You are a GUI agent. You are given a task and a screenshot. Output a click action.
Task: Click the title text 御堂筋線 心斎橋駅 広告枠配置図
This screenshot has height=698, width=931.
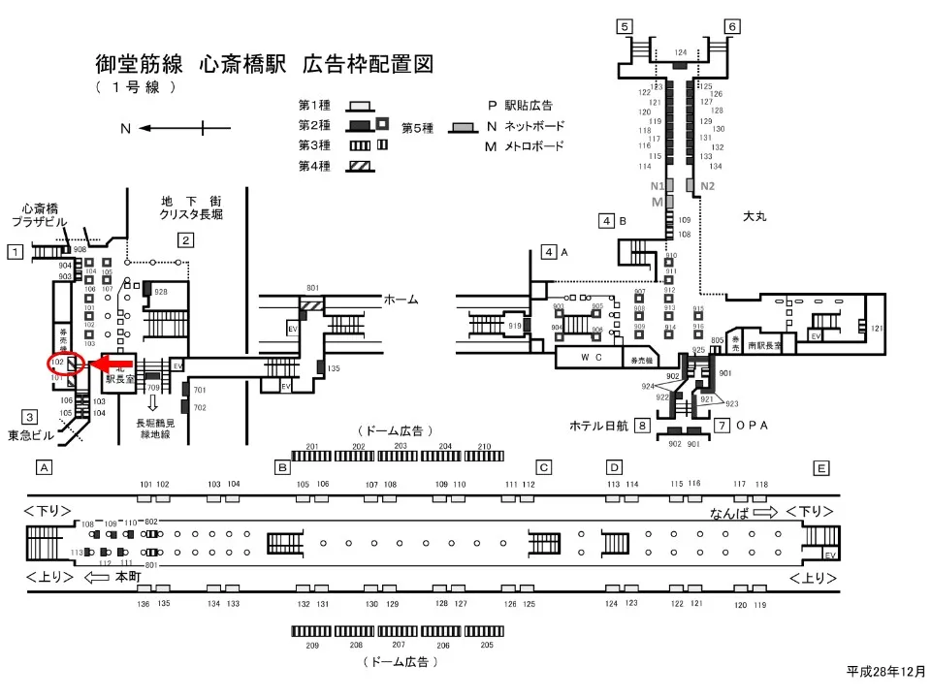[264, 64]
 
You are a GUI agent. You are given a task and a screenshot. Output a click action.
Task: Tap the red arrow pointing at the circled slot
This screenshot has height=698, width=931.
[112, 364]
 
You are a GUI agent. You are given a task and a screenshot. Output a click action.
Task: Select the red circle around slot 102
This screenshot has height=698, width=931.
[61, 365]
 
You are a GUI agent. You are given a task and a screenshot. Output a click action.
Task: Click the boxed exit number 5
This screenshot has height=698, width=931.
[626, 26]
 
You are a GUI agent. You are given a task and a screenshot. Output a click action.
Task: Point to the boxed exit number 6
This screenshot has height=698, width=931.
[732, 26]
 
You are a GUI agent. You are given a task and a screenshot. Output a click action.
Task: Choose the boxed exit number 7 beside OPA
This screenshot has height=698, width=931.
[722, 425]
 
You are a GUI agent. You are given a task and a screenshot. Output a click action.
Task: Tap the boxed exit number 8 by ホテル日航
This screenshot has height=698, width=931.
[642, 425]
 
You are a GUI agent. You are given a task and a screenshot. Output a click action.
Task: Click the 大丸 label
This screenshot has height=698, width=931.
[754, 216]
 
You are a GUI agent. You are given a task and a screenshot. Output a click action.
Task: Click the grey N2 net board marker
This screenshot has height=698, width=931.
[707, 185]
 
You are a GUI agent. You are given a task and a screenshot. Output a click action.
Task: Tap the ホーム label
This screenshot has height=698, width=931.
[401, 300]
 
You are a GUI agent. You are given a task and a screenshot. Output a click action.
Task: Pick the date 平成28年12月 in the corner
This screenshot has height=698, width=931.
[884, 671]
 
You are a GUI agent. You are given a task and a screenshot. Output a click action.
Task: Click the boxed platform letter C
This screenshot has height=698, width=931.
[544, 467]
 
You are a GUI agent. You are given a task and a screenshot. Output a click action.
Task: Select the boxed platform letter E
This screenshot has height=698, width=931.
[821, 467]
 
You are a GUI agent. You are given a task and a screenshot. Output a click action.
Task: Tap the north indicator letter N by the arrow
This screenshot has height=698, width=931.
[125, 128]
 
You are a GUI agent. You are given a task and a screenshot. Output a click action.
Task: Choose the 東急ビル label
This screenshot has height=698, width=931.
[27, 435]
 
